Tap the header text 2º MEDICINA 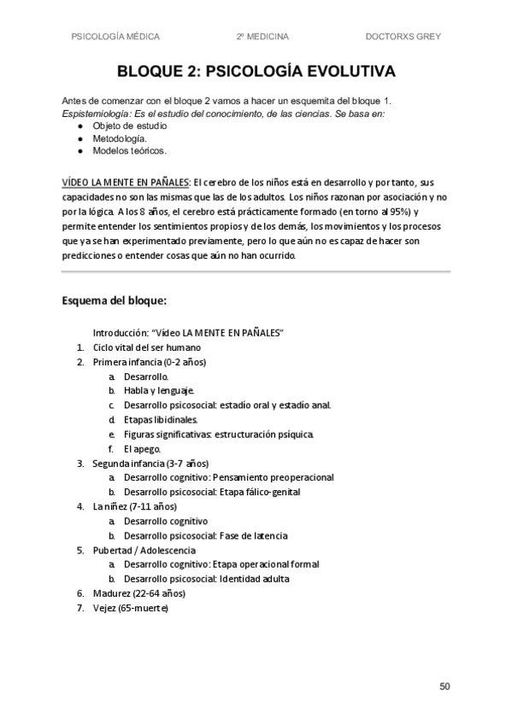[x=262, y=37]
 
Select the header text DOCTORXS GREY [x=403, y=37]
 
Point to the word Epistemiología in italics [x=94, y=114]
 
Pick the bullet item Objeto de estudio [x=130, y=126]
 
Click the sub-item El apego [x=141, y=448]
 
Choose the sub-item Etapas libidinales [x=160, y=419]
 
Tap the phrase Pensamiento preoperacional [x=273, y=477]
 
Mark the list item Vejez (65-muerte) [x=131, y=608]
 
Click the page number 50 [x=444, y=686]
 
